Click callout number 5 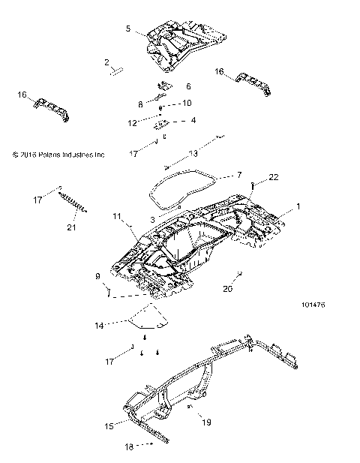click(x=128, y=29)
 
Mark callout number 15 click(x=109, y=425)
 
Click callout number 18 click(x=129, y=446)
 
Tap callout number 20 click(x=227, y=287)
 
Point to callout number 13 click(x=193, y=152)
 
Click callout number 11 click(x=117, y=216)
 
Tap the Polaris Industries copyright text click(x=58, y=155)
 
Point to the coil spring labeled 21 click(x=76, y=203)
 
